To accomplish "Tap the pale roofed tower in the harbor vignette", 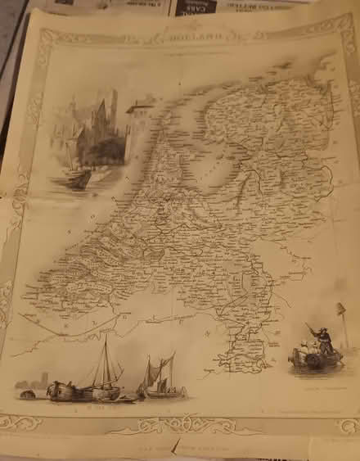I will pos(139,115).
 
